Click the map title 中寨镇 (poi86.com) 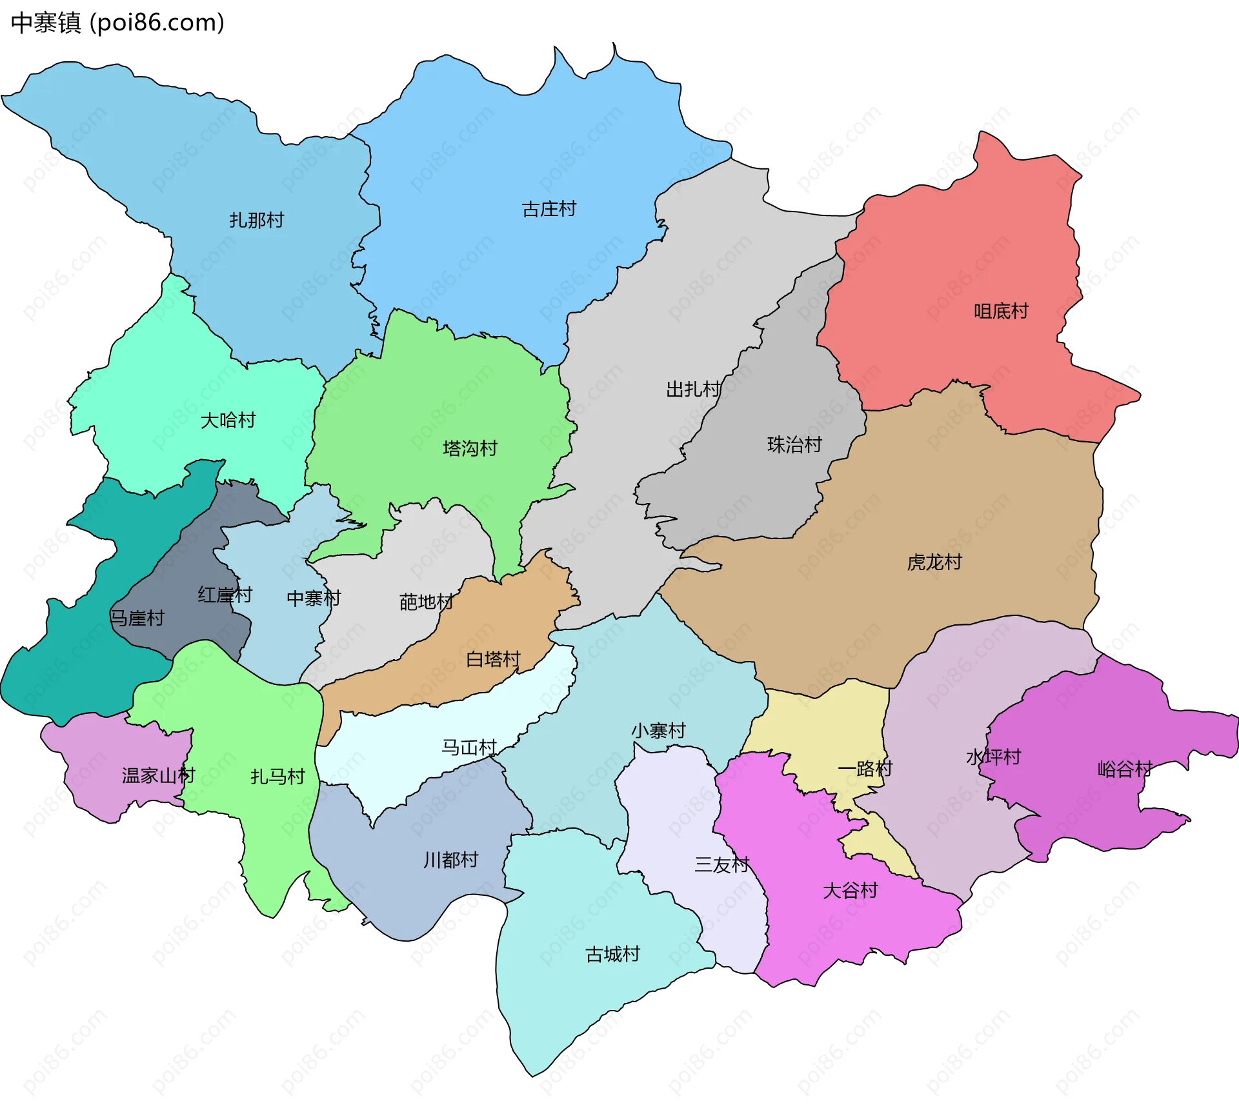click(x=117, y=23)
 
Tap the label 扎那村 click(x=257, y=221)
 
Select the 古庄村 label click(x=549, y=210)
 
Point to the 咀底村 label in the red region click(x=1001, y=312)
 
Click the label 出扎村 click(x=694, y=390)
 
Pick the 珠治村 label click(x=794, y=445)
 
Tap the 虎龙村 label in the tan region click(x=934, y=562)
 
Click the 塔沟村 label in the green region click(x=470, y=448)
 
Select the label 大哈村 click(x=228, y=421)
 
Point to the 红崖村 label click(x=225, y=595)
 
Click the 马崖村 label click(x=137, y=619)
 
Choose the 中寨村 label click(x=314, y=599)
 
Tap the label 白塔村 click(x=493, y=659)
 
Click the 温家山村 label click(x=158, y=775)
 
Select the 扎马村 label click(x=277, y=777)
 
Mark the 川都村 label click(x=450, y=860)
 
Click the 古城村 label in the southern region click(x=612, y=954)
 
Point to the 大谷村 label click(x=850, y=891)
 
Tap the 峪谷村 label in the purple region click(x=1125, y=769)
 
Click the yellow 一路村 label click(x=865, y=769)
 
